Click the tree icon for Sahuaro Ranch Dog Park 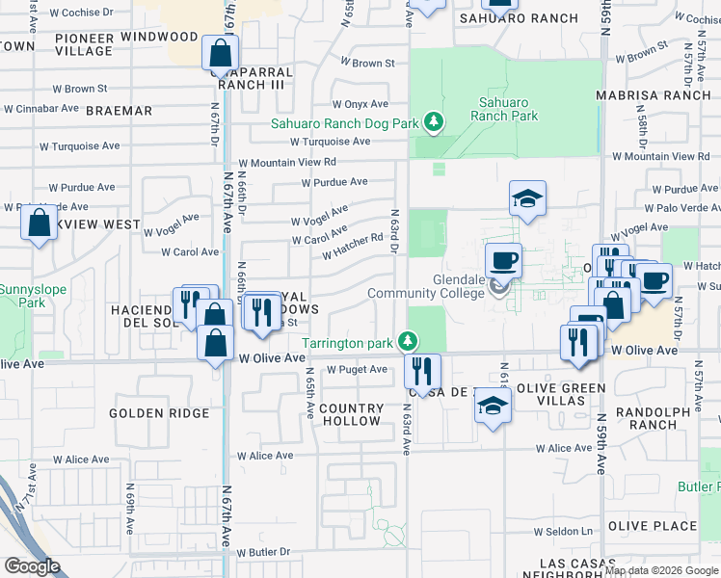pyautogui.click(x=435, y=122)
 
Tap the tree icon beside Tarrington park pyautogui.click(x=409, y=341)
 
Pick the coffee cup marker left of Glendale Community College pyautogui.click(x=502, y=259)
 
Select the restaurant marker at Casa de pyautogui.click(x=421, y=369)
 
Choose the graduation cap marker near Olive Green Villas pyautogui.click(x=492, y=405)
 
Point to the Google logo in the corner pyautogui.click(x=32, y=565)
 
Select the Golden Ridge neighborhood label pyautogui.click(x=159, y=413)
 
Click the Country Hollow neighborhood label pyautogui.click(x=351, y=414)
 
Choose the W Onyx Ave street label pyautogui.click(x=360, y=104)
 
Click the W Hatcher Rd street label pyautogui.click(x=353, y=250)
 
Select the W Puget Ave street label pyautogui.click(x=357, y=369)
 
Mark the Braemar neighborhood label pyautogui.click(x=119, y=111)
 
